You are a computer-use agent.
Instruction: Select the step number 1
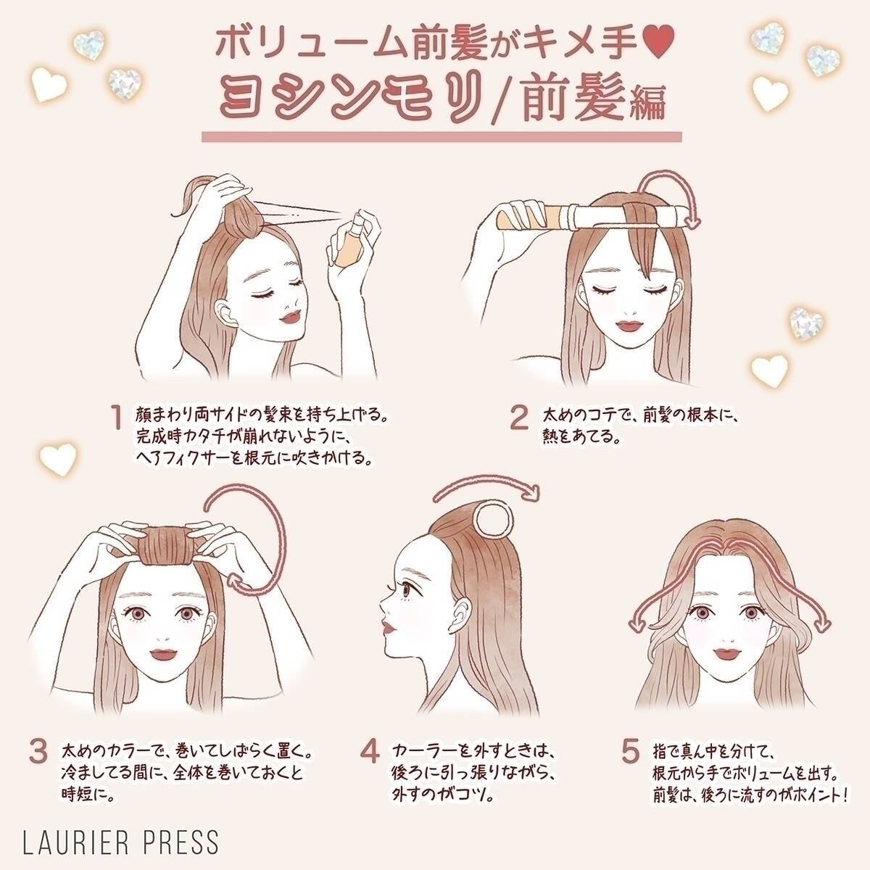[x=115, y=418]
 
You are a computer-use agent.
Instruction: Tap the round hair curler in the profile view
[x=493, y=521]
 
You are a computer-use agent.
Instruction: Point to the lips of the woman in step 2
[x=625, y=331]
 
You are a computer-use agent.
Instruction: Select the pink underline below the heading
[x=442, y=136]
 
